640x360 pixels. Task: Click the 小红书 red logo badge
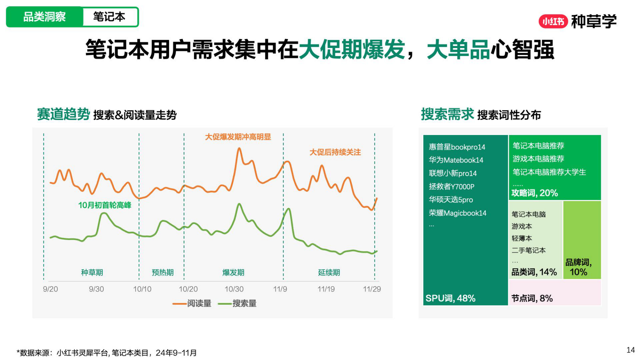pyautogui.click(x=553, y=21)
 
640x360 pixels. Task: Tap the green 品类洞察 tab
pyautogui.click(x=44, y=17)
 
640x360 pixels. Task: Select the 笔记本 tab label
pyautogui.click(x=109, y=17)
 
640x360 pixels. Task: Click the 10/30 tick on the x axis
pyautogui.click(x=234, y=289)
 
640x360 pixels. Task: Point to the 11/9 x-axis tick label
pyautogui.click(x=280, y=289)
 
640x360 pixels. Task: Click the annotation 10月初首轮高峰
pyautogui.click(x=105, y=205)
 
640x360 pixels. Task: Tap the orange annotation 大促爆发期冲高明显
pyautogui.click(x=238, y=137)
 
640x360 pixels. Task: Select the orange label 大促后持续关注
pyautogui.click(x=335, y=152)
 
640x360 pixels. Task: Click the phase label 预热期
pyautogui.click(x=163, y=272)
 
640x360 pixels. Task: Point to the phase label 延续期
pyautogui.click(x=329, y=272)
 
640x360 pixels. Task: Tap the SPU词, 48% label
pyautogui.click(x=450, y=298)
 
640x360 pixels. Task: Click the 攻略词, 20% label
pyautogui.click(x=534, y=193)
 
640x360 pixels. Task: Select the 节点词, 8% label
pyautogui.click(x=532, y=298)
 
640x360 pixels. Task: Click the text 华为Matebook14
pyautogui.click(x=456, y=160)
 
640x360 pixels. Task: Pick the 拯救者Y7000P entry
pyautogui.click(x=452, y=187)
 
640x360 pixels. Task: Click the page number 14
pyautogui.click(x=630, y=350)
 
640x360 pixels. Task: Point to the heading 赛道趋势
pyautogui.click(x=63, y=114)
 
